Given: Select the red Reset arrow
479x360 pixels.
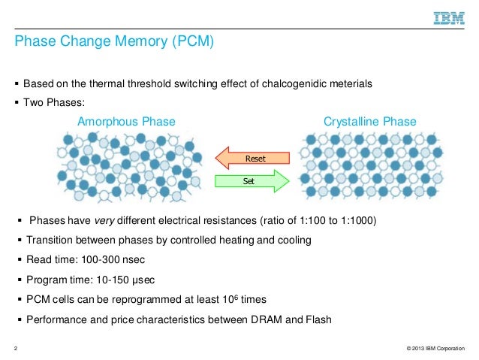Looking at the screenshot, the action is coord(252,158).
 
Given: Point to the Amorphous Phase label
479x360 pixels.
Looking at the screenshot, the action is coord(127,122).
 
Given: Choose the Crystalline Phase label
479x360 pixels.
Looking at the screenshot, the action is coord(369,122).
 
